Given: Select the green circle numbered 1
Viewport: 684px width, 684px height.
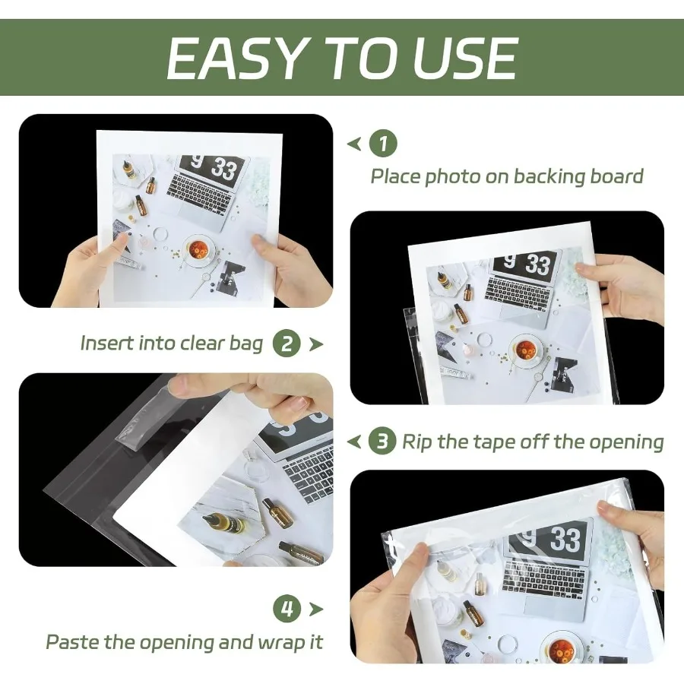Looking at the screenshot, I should tap(383, 143).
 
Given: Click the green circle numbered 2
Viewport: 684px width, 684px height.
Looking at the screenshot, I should tap(287, 344).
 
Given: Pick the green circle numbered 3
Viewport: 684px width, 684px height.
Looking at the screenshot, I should tap(382, 442).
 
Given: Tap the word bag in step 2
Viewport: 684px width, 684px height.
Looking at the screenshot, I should tap(246, 344).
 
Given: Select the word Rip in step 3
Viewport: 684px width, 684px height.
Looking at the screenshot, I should tap(417, 442).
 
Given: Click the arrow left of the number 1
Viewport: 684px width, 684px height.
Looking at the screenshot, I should tap(353, 143).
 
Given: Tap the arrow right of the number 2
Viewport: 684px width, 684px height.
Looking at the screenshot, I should tap(315, 344).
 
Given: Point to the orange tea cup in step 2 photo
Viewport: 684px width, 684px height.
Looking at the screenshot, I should tap(526, 349).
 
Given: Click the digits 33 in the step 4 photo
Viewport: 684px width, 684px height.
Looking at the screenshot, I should tap(565, 540).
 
